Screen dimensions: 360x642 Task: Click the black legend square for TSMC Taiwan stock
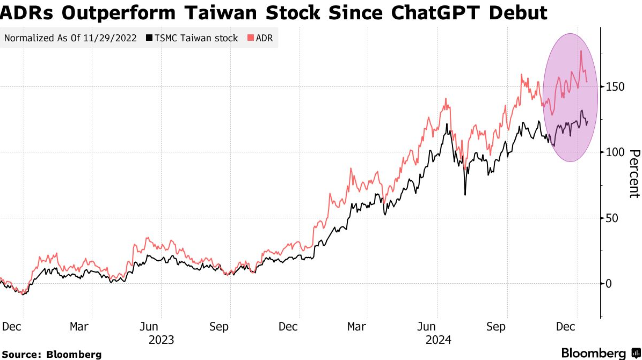pyautogui.click(x=149, y=38)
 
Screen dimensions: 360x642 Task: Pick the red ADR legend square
pyautogui.click(x=251, y=38)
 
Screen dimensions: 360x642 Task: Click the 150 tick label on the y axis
pyautogui.click(x=615, y=86)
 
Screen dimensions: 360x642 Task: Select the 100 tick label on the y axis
pyautogui.click(x=615, y=152)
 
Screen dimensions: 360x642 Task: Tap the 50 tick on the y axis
pyautogui.click(x=612, y=218)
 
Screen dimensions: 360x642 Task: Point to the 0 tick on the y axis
pyautogui.click(x=609, y=283)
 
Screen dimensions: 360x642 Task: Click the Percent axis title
pyautogui.click(x=634, y=173)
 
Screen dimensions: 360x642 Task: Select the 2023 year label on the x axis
pyautogui.click(x=161, y=340)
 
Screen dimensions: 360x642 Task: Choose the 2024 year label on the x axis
pyautogui.click(x=438, y=340)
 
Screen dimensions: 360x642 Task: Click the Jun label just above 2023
pyautogui.click(x=149, y=326)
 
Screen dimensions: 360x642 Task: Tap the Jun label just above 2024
pyautogui.click(x=427, y=326)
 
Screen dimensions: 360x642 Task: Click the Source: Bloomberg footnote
pyautogui.click(x=52, y=354)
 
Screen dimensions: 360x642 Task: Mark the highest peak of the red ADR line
pyautogui.click(x=581, y=51)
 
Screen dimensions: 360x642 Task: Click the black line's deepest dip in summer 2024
pyautogui.click(x=465, y=195)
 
